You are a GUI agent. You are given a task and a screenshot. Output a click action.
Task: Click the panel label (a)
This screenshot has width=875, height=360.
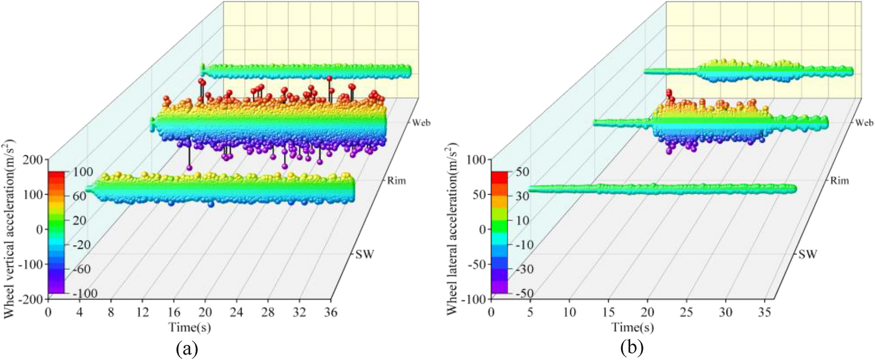[187, 349]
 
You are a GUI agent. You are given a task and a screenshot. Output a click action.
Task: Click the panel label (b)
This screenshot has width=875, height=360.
[632, 349]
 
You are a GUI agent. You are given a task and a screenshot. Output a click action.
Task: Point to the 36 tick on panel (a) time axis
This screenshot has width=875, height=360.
[331, 313]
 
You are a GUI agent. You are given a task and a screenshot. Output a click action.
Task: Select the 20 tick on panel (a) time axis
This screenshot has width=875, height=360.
[205, 313]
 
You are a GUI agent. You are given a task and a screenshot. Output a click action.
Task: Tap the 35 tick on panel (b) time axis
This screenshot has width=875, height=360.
[764, 313]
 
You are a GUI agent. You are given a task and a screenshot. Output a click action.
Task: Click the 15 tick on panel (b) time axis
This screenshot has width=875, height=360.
[608, 313]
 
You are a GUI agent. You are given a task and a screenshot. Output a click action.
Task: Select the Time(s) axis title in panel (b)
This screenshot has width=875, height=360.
[632, 327]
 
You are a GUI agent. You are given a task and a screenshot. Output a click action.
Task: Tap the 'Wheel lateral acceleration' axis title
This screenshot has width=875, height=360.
[453, 229]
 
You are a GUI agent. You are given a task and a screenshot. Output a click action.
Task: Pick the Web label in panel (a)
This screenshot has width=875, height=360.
[421, 123]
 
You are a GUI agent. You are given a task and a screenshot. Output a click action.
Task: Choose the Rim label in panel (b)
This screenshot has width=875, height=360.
[839, 181]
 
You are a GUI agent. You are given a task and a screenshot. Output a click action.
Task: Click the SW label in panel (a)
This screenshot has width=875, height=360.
[365, 254]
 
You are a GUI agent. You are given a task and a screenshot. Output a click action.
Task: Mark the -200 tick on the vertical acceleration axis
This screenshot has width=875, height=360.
[32, 299]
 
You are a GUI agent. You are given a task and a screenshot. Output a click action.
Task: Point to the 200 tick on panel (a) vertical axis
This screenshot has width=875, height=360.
[35, 159]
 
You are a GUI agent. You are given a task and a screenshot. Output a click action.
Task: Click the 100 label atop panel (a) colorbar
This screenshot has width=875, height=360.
[83, 172]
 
